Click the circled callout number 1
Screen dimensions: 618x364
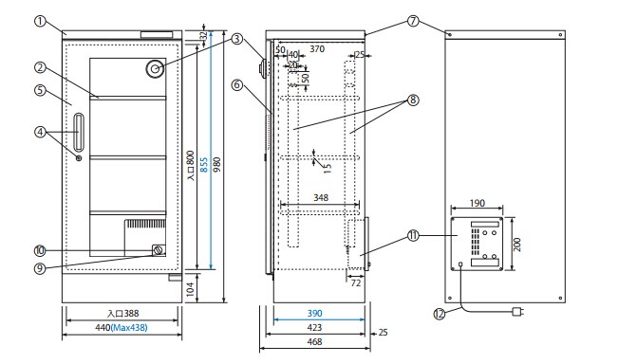tap(40, 21)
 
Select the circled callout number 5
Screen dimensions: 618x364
tap(40, 90)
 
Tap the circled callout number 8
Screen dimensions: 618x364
tap(413, 100)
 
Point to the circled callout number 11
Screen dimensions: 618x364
tap(413, 236)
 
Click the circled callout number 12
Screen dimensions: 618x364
tap(440, 314)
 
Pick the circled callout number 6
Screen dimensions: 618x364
tap(237, 84)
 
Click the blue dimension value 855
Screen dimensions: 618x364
tap(204, 165)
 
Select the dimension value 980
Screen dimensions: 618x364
tap(216, 165)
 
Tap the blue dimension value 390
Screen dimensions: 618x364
tap(314, 313)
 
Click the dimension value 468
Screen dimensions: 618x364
tap(314, 341)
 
